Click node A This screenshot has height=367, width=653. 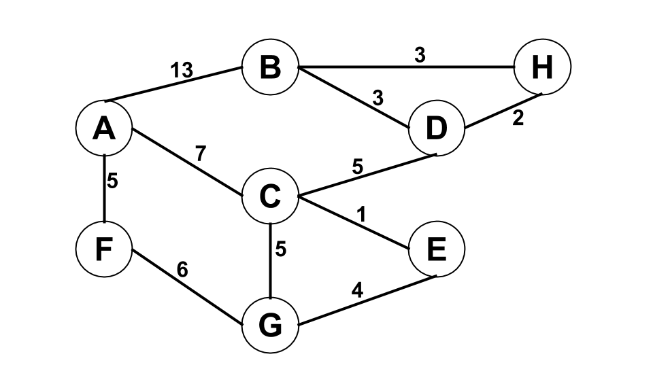coord(104,128)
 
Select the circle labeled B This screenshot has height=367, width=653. coord(270,68)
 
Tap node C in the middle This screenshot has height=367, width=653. coord(270,198)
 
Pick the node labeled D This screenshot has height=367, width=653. coord(436,128)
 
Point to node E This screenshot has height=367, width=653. coord(436,249)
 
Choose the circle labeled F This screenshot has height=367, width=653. coord(104,249)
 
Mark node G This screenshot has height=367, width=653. coord(270,326)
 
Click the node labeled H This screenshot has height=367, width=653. coord(542,68)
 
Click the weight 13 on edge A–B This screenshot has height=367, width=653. coord(182,69)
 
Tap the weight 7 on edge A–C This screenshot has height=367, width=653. coord(200,154)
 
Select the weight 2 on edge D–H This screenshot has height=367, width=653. coord(518,118)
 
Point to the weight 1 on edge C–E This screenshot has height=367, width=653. coord(361,215)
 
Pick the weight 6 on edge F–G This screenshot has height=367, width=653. coord(182,270)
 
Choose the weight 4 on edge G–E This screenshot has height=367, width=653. coord(356,292)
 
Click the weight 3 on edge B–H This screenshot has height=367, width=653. coord(420,56)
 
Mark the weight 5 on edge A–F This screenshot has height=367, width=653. coord(114,181)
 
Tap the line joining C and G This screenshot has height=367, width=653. coord(270,262)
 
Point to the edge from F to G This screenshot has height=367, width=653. coord(187,288)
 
